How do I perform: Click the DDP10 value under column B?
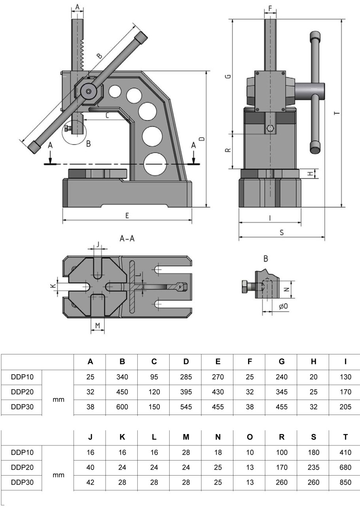click(122, 377)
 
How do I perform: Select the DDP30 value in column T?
click(345, 482)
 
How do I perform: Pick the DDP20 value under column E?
click(218, 392)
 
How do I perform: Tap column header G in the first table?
click(282, 362)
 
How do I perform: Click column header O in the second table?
click(250, 437)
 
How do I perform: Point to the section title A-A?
click(127, 239)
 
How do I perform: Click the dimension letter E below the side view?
click(127, 216)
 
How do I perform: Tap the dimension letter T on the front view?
click(336, 114)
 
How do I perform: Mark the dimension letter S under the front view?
click(281, 233)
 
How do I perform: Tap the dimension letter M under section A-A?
click(98, 325)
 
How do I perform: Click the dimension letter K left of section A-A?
click(52, 286)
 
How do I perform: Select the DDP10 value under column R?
click(282, 452)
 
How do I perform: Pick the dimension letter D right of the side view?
click(201, 139)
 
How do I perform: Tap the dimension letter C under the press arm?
click(108, 116)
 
